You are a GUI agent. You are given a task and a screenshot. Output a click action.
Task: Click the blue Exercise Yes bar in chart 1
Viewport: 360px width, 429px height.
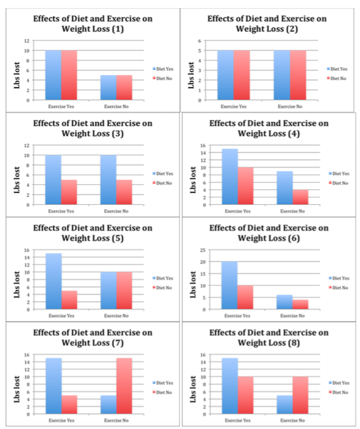tap(53, 75)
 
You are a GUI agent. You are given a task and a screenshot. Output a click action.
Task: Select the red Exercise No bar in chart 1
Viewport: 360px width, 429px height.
tap(125, 88)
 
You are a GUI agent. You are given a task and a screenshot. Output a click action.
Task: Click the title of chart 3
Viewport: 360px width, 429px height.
tap(92, 128)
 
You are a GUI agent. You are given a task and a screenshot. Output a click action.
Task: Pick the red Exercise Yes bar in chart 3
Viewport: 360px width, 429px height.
tap(70, 192)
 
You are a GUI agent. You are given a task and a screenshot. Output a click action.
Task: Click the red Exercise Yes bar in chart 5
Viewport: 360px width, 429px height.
tap(70, 300)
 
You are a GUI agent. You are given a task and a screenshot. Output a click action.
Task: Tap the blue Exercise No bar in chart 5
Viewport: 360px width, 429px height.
tap(109, 291)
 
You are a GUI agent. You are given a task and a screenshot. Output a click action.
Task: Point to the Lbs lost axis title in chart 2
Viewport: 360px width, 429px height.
tap(194, 70)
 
